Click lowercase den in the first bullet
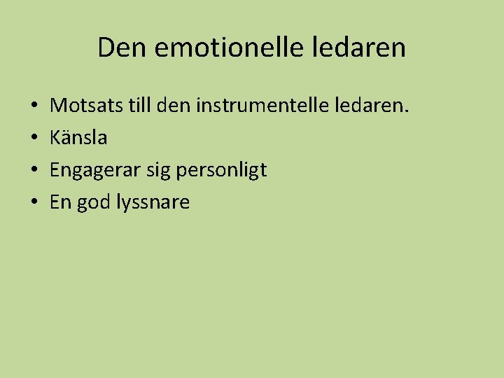[x=174, y=106]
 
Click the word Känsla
[x=78, y=138]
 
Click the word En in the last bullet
[x=60, y=202]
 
